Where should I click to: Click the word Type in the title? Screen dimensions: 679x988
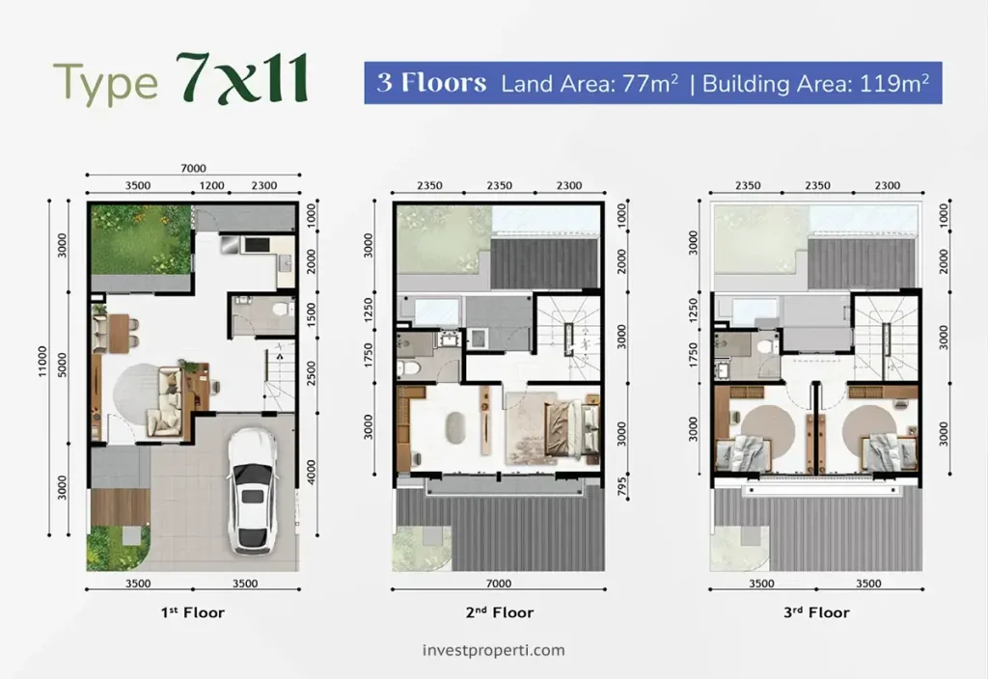click(x=106, y=83)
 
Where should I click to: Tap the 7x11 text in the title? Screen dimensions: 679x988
click(x=243, y=80)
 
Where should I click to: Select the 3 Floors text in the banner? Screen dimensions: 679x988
click(x=431, y=82)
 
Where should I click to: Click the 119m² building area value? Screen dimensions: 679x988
click(x=890, y=83)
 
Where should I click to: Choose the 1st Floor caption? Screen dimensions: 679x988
click(x=193, y=612)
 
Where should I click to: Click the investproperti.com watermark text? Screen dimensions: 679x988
click(x=494, y=650)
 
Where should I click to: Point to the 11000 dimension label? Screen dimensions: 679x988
click(x=43, y=367)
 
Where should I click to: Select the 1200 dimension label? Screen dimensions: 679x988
click(x=211, y=185)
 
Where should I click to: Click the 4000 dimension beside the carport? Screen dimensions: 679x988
click(x=311, y=471)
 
